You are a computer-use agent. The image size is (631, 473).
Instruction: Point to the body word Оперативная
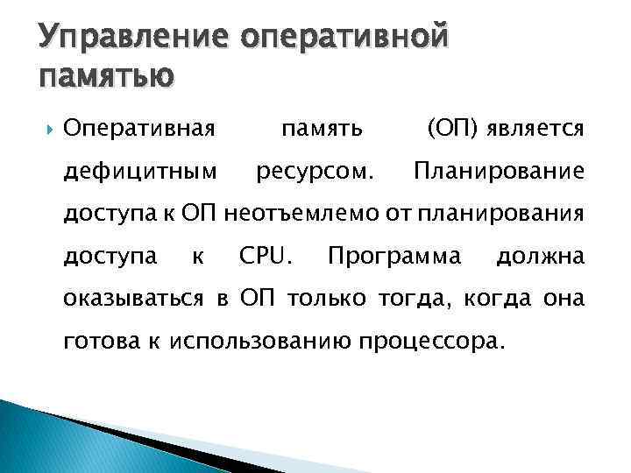(139, 130)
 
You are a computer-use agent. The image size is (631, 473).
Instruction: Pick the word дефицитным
(141, 172)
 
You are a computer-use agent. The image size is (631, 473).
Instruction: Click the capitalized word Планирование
(499, 172)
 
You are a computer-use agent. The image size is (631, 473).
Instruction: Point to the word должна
(540, 256)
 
